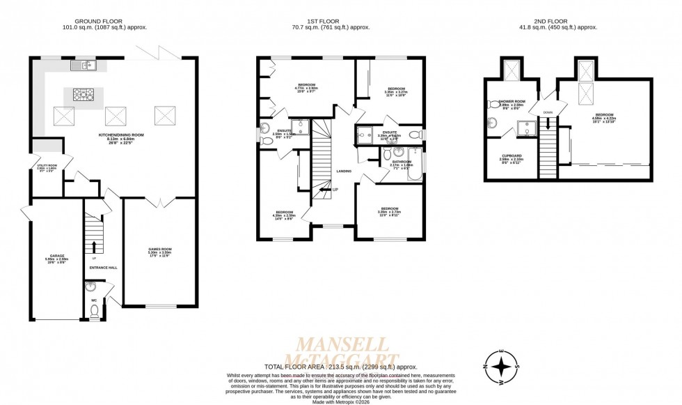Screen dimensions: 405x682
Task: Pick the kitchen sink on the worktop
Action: (x=87, y=66)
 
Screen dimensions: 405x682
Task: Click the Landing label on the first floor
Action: (x=343, y=171)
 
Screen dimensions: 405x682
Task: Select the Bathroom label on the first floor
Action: (x=402, y=162)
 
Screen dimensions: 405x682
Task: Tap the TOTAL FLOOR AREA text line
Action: (x=340, y=366)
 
